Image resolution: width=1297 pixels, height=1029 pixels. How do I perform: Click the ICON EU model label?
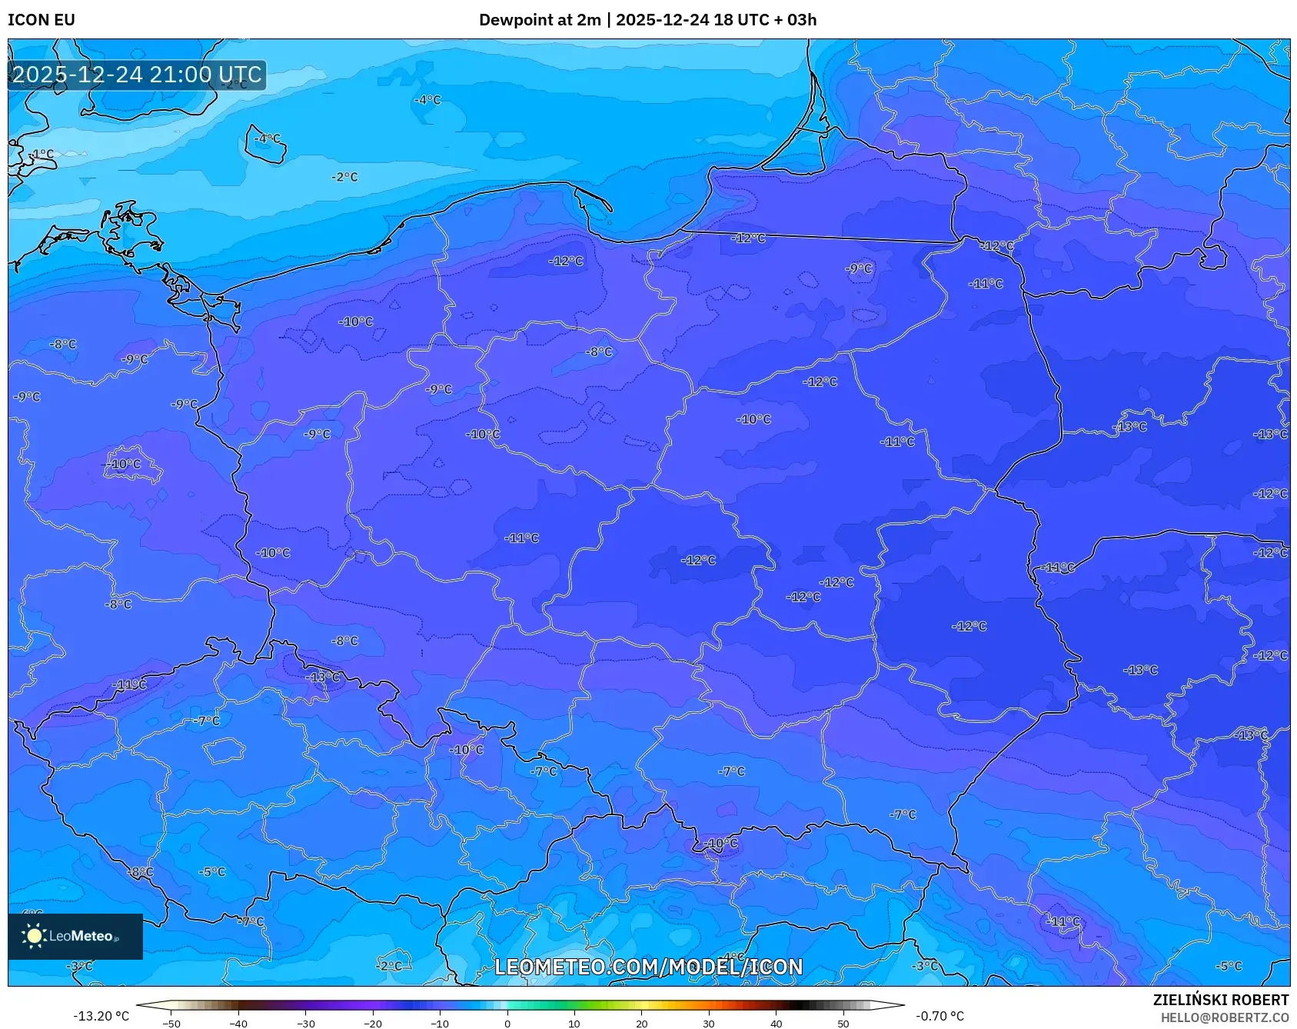42,20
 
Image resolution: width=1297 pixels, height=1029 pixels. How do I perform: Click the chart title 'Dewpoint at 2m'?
539,20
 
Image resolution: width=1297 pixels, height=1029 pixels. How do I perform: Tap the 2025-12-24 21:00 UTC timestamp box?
137,75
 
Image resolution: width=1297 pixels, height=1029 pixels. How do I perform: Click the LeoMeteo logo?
75,936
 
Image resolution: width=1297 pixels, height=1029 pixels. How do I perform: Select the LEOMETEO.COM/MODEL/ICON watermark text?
648,967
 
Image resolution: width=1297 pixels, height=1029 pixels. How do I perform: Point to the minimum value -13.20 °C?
101,1016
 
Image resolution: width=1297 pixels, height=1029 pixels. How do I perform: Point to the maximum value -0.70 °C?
939,1016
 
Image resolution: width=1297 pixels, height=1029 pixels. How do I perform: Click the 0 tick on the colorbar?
507,1023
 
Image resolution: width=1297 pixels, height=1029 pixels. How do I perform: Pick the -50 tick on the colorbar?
171,1023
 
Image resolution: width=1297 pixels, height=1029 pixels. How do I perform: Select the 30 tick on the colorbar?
708,1023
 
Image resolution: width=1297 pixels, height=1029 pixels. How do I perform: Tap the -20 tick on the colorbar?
373,1023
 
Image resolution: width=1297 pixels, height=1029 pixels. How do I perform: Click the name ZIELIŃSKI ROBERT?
1220,1000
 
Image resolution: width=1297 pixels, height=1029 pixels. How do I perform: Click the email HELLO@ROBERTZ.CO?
1224,1017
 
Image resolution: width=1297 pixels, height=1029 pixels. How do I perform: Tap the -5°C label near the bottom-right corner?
1229,966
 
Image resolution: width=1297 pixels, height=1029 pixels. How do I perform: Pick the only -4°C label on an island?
268,138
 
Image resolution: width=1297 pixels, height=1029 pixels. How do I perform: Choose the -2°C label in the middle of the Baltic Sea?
344,177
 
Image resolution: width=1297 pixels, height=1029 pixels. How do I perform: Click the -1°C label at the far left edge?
42,154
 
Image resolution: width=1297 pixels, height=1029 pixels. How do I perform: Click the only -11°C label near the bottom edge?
1064,921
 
